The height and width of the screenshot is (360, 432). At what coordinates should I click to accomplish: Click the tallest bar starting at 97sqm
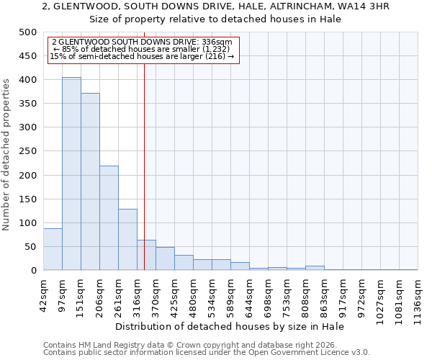point(71,174)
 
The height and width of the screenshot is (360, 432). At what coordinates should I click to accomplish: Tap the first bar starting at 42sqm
point(53,249)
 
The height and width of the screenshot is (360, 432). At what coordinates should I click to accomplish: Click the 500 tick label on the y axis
point(27,32)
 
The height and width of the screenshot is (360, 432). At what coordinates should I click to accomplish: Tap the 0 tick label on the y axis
point(33,271)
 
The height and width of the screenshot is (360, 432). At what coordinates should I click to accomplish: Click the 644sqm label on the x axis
point(249,294)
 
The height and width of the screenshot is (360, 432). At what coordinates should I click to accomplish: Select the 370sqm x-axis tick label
point(156,294)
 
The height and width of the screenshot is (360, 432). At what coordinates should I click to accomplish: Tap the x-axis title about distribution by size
point(230,326)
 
